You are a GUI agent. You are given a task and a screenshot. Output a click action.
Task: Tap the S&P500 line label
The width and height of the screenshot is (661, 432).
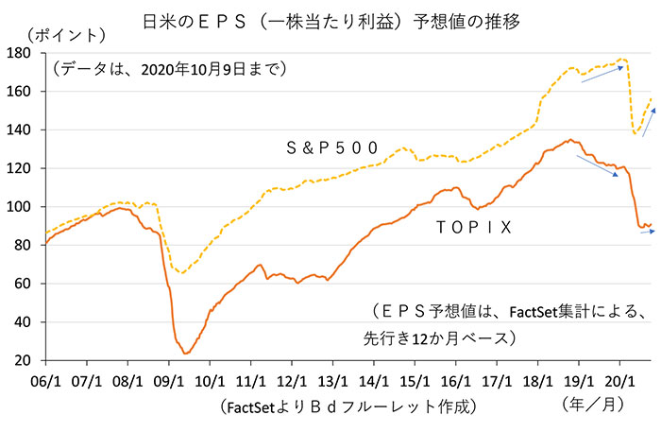[x=332, y=147]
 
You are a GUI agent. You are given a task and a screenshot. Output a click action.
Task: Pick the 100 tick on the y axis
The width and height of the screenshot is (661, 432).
[x=21, y=207]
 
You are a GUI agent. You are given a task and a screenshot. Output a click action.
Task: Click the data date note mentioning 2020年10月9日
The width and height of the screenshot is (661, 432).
[x=170, y=68]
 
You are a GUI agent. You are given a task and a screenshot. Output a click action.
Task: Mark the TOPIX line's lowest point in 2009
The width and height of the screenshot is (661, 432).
[x=186, y=354]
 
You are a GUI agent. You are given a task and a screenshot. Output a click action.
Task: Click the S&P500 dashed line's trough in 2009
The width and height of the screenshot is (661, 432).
[x=183, y=273]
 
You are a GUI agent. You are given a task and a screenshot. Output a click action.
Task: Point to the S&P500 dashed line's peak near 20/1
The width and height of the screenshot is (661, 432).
[x=623, y=60]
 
